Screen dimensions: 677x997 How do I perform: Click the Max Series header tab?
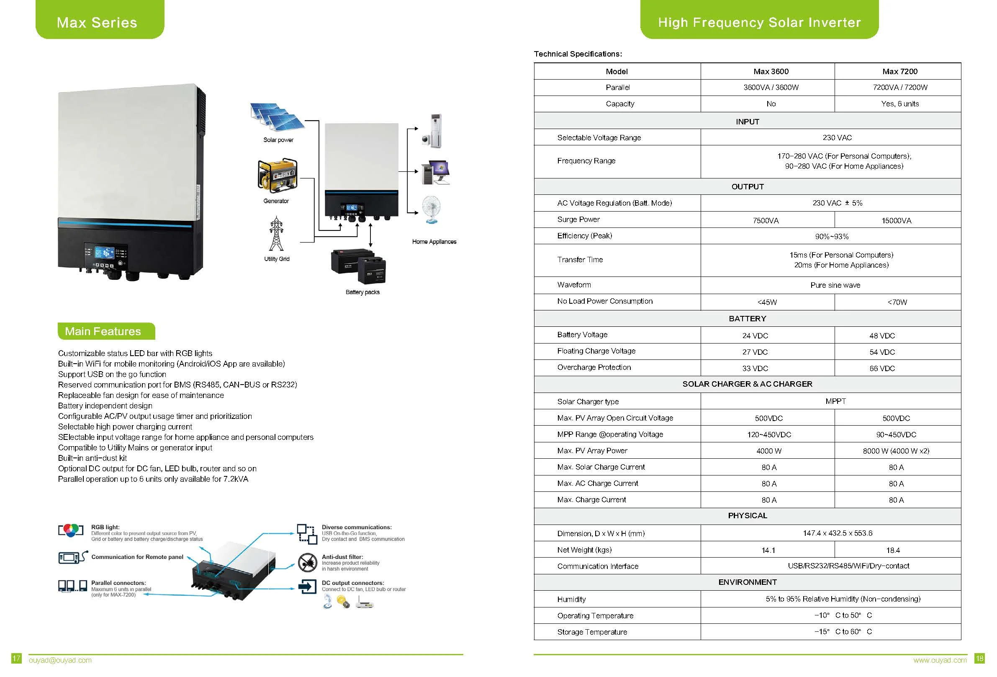tap(98, 22)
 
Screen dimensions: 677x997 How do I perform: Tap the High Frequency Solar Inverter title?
tap(759, 22)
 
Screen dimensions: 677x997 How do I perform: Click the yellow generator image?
tap(277, 176)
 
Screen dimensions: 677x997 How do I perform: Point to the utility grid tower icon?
tap(276, 234)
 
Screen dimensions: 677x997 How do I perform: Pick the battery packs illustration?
tap(359, 266)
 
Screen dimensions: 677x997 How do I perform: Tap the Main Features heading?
tap(103, 331)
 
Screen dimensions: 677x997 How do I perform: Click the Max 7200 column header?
tap(899, 72)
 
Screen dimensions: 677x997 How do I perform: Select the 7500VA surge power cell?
tap(766, 221)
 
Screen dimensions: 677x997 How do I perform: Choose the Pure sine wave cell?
tap(835, 285)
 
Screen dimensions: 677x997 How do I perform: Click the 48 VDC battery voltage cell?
tap(882, 336)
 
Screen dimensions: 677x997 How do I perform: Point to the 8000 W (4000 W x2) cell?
tap(896, 451)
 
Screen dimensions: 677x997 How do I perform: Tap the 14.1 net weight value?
tap(768, 550)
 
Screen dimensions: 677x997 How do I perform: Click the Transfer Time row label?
tap(580, 260)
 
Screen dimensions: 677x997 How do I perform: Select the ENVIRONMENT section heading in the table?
tap(747, 583)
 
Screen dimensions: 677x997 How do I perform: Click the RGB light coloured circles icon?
tap(71, 531)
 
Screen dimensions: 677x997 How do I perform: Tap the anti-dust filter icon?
tap(307, 562)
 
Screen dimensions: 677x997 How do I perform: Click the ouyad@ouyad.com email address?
tap(60, 660)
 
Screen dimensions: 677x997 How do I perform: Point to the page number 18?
tap(980, 659)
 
